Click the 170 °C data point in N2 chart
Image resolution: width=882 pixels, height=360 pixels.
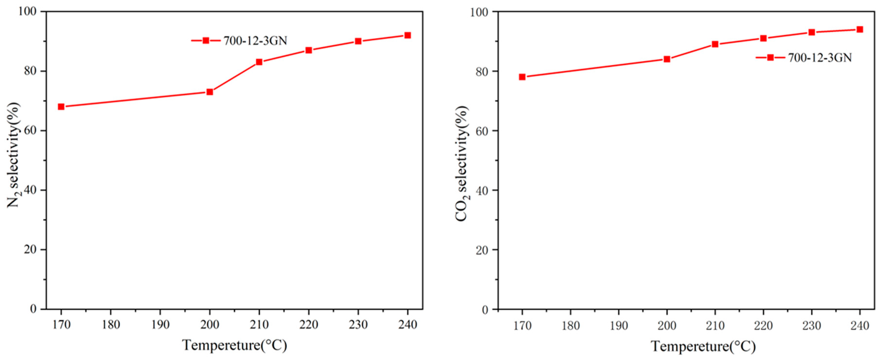(x=61, y=107)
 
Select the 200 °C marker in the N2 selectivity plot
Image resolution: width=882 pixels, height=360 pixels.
(x=209, y=92)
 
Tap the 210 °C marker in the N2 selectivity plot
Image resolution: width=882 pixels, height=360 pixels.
(x=259, y=62)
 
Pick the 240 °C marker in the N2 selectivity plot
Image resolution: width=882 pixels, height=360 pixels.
(x=407, y=35)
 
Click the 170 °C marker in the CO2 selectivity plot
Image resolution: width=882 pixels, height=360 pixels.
(x=522, y=77)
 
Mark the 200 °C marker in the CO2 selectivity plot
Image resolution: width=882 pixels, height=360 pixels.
(x=667, y=59)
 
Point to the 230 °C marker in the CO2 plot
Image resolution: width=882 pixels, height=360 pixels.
(x=812, y=32)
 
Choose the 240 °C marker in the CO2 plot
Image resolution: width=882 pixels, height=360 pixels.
(x=860, y=29)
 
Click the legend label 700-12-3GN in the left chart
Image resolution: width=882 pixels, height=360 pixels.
(x=255, y=41)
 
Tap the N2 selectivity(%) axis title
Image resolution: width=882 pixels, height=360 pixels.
(x=14, y=155)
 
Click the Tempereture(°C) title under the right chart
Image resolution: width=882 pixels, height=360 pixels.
(x=703, y=346)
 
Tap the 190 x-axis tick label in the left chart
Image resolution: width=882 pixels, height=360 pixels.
(x=160, y=324)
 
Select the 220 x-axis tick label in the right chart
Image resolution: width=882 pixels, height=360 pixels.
(x=763, y=326)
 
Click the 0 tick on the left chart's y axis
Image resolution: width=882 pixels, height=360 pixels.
(x=33, y=309)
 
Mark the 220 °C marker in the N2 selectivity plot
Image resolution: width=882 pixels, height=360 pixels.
(x=309, y=50)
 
